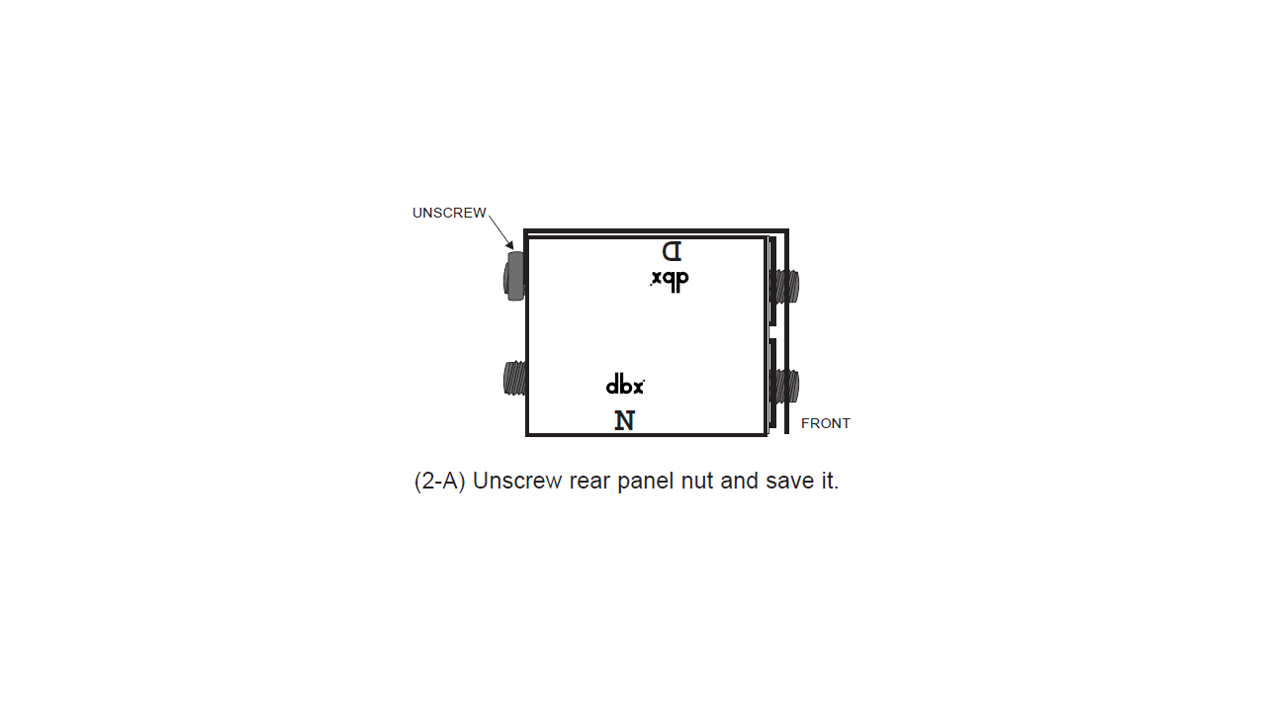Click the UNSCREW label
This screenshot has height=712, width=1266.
click(x=449, y=213)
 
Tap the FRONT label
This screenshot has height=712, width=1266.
click(x=825, y=424)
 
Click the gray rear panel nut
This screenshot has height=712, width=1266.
click(x=514, y=276)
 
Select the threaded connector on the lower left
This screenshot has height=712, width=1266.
click(x=515, y=379)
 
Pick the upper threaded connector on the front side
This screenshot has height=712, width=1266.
click(x=785, y=286)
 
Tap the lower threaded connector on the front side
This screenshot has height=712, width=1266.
click(x=785, y=386)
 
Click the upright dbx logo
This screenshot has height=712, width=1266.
click(x=625, y=385)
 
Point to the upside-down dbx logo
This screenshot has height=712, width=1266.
click(x=670, y=281)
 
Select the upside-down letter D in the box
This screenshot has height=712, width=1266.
click(x=672, y=251)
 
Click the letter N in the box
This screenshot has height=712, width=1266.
click(x=625, y=420)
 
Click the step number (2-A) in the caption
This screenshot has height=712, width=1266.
click(x=440, y=481)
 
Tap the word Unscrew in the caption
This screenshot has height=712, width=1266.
click(x=517, y=481)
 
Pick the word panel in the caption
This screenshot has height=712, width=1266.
click(x=646, y=482)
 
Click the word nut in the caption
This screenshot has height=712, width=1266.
click(x=697, y=482)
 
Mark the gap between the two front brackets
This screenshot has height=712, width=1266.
click(x=772, y=331)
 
